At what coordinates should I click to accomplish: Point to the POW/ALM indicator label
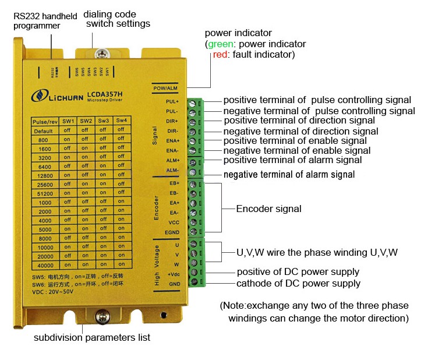(x=165, y=88)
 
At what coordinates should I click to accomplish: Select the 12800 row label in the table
(x=43, y=175)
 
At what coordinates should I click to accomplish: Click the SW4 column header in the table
(x=121, y=121)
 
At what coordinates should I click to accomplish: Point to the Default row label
(x=43, y=130)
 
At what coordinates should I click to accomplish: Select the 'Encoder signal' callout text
(x=268, y=208)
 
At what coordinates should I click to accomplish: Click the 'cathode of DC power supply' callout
(x=298, y=283)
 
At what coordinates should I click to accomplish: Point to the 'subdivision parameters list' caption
(x=92, y=337)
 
